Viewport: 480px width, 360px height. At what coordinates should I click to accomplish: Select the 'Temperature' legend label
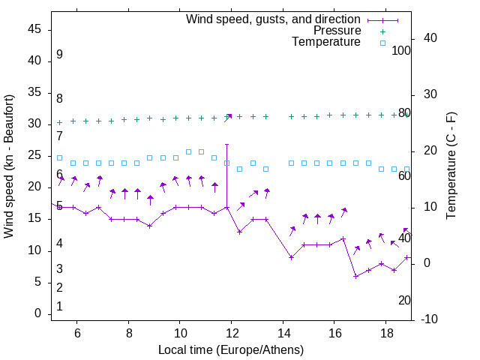click(326, 42)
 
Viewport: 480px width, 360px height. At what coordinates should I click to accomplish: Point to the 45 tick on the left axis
click(34, 29)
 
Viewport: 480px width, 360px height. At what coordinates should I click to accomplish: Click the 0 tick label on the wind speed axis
click(37, 313)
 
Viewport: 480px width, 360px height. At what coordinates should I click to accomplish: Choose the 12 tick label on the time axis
click(232, 333)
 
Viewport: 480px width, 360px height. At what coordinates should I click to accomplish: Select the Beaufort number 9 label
click(59, 55)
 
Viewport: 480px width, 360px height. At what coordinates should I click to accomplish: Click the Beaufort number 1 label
click(59, 306)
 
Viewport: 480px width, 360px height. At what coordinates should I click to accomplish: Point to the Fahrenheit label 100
click(401, 50)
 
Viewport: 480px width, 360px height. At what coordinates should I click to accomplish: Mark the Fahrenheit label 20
click(404, 300)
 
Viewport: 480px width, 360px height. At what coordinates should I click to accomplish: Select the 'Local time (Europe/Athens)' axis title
click(231, 350)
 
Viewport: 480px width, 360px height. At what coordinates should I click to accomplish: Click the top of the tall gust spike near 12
click(226, 144)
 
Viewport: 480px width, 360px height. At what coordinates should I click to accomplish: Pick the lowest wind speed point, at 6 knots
click(355, 276)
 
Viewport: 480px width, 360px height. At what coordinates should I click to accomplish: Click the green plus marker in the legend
click(382, 31)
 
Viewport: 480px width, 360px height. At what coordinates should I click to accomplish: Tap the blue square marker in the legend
click(382, 43)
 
